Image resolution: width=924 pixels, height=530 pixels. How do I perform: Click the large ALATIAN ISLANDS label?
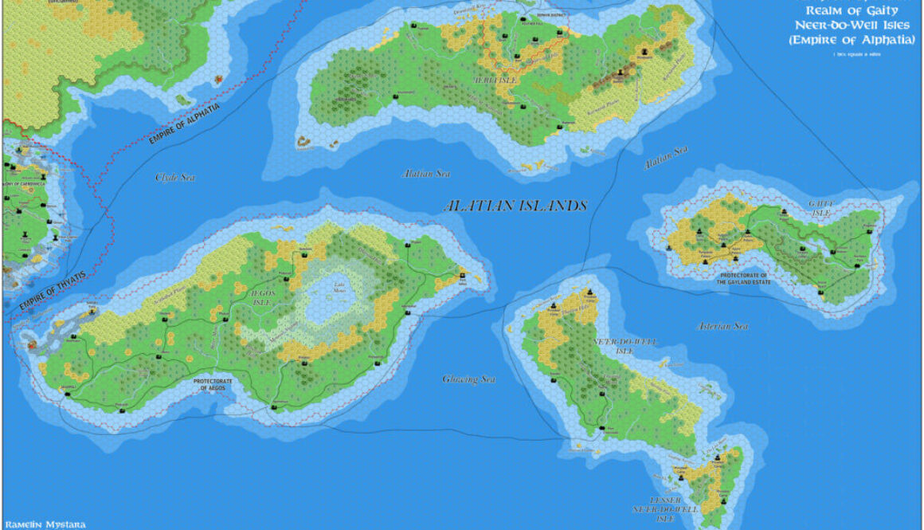tap(515, 206)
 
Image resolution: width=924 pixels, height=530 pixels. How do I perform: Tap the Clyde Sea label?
tap(175, 177)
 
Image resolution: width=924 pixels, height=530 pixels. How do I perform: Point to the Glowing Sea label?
tap(469, 379)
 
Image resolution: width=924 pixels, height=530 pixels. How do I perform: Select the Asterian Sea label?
tap(722, 326)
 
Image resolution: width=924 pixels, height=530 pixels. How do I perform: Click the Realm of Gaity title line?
tap(852, 10)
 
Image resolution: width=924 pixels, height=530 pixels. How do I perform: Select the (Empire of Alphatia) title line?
tap(852, 39)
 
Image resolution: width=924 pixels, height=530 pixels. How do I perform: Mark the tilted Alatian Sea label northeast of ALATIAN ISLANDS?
tap(665, 158)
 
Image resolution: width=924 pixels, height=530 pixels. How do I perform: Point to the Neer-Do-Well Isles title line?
tap(852, 25)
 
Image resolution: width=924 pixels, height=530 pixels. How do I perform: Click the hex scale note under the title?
tap(851, 53)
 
